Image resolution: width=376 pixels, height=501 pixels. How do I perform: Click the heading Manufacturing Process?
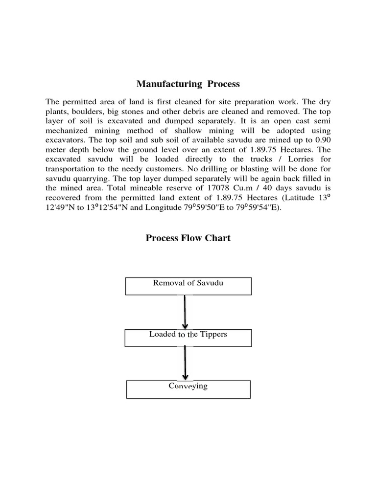188,84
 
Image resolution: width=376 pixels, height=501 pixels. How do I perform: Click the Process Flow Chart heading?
188,238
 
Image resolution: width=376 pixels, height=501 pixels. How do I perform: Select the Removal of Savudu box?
188,286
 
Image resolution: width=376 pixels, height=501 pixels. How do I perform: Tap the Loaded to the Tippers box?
188,337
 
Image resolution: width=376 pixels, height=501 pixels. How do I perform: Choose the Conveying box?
188,389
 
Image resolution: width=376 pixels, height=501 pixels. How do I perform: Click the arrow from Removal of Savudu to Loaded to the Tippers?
185,312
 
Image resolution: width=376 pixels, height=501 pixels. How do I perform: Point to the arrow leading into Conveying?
185,363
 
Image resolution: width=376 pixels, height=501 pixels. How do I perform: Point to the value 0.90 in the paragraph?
321,140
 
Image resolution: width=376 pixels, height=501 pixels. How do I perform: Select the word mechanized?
70,130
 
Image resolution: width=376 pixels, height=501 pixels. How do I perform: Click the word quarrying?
91,178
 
